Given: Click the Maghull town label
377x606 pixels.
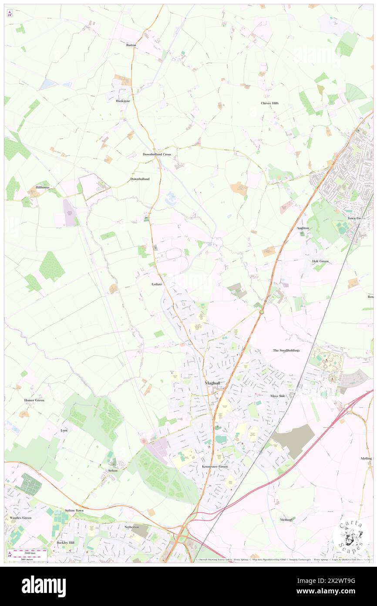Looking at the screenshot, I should [213, 383].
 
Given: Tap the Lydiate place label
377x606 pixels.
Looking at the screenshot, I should [157, 284].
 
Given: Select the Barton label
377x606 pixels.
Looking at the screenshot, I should [131, 45].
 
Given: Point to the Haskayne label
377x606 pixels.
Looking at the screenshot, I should [123, 101].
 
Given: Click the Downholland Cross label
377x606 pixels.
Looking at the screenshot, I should [157, 154].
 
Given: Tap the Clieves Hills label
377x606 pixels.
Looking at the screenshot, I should [269, 103].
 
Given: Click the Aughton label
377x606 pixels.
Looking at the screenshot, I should [303, 228].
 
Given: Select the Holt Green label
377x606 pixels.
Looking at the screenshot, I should [320, 261].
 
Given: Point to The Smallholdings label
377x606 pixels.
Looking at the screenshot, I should [286, 351].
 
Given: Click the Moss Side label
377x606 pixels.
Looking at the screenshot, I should [277, 396].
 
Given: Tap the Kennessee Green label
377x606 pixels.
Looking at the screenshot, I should [215, 466].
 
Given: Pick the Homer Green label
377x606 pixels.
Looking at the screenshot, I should [34, 400].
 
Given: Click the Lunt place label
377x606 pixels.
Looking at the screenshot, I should [64, 430].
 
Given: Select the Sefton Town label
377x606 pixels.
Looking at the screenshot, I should [74, 510].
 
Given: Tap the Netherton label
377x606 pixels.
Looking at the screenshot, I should [131, 527].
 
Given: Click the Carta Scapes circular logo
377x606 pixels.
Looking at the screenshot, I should [351, 536].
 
